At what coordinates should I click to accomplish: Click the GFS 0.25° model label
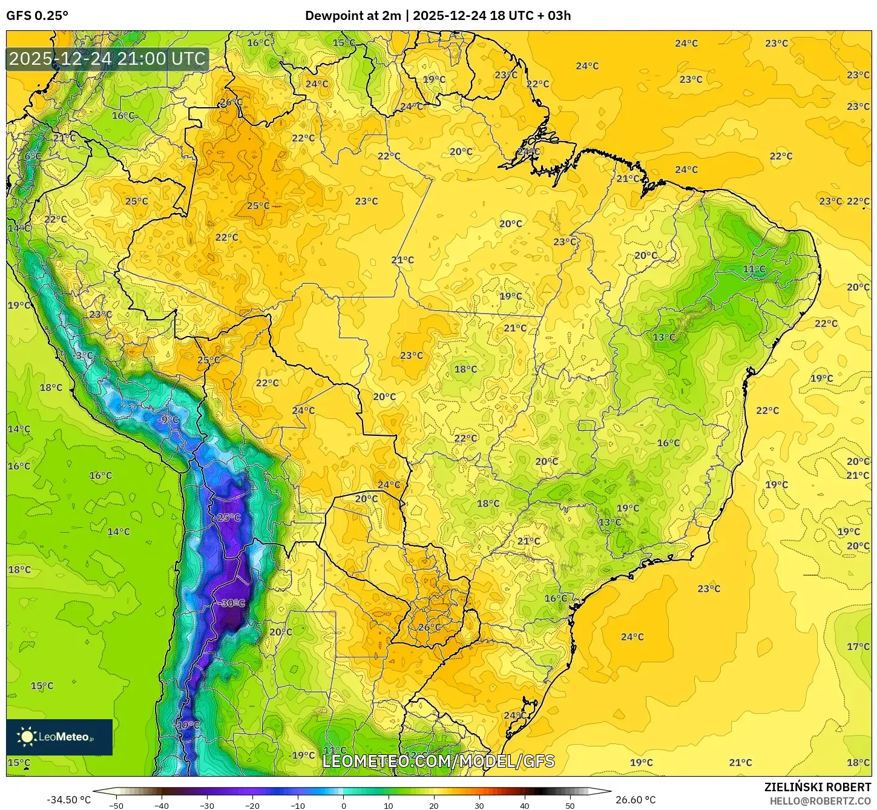[x=38, y=16]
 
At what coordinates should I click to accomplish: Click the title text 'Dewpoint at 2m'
[x=352, y=16]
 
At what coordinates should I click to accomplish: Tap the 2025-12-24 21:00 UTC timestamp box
[x=107, y=59]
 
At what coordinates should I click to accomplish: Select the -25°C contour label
[x=227, y=518]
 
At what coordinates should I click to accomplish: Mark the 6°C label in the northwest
[x=33, y=156]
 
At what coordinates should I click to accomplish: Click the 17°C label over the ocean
[x=858, y=647]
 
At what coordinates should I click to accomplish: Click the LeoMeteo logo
[x=59, y=737]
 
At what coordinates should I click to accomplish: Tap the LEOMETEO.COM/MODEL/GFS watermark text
[x=438, y=761]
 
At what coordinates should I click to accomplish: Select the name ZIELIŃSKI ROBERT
[x=817, y=788]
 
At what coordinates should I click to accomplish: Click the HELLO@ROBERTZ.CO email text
[x=820, y=801]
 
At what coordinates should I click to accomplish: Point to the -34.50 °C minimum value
[x=68, y=800]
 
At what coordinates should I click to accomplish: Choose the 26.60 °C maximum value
[x=636, y=800]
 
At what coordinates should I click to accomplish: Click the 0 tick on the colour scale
[x=343, y=805]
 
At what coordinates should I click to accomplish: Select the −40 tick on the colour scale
[x=161, y=805]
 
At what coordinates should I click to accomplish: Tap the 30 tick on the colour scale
[x=479, y=805]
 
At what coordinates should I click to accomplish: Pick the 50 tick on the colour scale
[x=570, y=805]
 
